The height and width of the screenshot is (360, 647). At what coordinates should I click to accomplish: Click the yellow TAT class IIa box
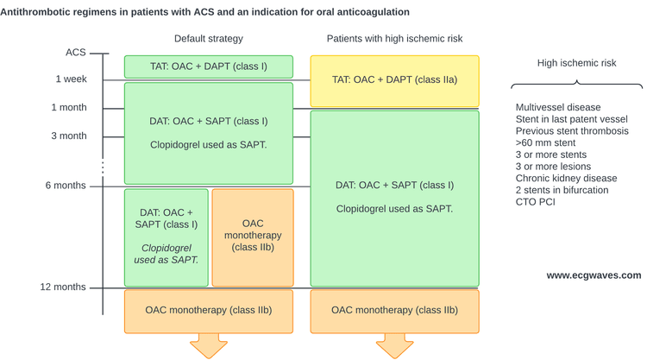(x=394, y=81)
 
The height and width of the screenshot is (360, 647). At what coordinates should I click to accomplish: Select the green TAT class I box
(x=209, y=66)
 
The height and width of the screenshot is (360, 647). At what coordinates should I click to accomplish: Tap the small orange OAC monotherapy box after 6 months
(x=253, y=237)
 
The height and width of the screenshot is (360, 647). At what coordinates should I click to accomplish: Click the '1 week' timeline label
(x=72, y=79)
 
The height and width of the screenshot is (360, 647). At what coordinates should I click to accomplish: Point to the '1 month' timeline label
(x=69, y=107)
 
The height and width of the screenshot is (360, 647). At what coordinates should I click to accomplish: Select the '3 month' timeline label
(x=69, y=136)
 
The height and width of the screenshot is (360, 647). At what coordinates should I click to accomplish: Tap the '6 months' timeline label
(x=66, y=186)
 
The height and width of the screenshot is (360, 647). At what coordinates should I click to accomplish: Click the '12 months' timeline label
(x=63, y=287)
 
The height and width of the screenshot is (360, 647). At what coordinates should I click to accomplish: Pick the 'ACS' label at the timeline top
(x=76, y=53)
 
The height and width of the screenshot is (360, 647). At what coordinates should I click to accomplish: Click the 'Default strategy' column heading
(x=209, y=39)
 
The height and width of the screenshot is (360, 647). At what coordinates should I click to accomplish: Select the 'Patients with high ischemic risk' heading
(x=394, y=39)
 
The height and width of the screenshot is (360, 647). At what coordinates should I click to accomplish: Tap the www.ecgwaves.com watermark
(x=594, y=275)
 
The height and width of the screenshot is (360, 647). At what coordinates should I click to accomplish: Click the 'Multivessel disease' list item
(x=558, y=107)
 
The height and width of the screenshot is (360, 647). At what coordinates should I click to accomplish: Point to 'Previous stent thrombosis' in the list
(x=572, y=131)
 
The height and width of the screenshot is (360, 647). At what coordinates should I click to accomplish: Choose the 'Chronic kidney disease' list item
(x=566, y=179)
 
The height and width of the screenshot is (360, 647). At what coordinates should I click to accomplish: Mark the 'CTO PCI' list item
(x=535, y=202)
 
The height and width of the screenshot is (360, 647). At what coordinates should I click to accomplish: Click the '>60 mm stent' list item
(x=545, y=142)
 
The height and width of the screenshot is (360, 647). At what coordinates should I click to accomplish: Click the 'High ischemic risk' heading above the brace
(x=576, y=63)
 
